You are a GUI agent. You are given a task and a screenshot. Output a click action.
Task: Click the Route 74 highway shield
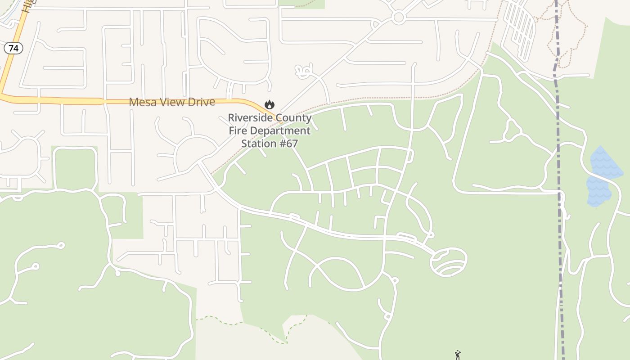pyautogui.click(x=13, y=48)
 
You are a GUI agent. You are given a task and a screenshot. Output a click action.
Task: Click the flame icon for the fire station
pyautogui.click(x=270, y=105)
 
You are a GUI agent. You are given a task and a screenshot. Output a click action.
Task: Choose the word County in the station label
pyautogui.click(x=295, y=118)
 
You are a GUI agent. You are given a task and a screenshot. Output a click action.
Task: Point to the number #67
pyautogui.click(x=289, y=144)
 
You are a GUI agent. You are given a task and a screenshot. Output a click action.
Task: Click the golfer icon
pyautogui.click(x=458, y=355)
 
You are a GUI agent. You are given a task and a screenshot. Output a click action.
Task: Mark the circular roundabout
pyautogui.click(x=398, y=18)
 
